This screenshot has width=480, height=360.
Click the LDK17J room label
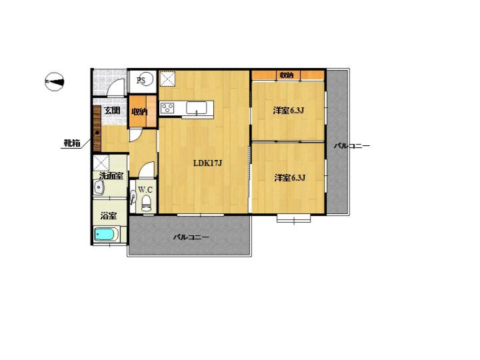[208, 163]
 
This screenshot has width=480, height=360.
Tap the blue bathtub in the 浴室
[106, 234]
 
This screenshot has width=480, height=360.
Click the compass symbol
[54, 82]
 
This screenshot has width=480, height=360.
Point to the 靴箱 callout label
[72, 142]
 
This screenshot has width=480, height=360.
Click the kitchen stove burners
[167, 108]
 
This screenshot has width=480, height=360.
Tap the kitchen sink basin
[196, 108]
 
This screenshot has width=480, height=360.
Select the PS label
[141, 80]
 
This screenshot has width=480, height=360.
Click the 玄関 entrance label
[112, 110]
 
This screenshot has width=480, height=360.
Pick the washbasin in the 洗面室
[98, 187]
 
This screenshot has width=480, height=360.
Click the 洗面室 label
[111, 176]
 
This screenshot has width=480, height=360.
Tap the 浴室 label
[109, 216]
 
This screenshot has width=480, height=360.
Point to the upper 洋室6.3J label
[288, 110]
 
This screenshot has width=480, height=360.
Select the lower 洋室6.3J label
[290, 178]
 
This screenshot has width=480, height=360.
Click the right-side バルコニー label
[352, 146]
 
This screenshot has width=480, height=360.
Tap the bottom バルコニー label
[191, 237]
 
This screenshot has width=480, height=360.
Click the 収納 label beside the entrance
[139, 112]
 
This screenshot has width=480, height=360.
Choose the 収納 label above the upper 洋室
[286, 75]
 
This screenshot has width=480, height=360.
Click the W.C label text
[145, 190]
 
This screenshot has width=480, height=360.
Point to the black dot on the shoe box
[97, 133]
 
